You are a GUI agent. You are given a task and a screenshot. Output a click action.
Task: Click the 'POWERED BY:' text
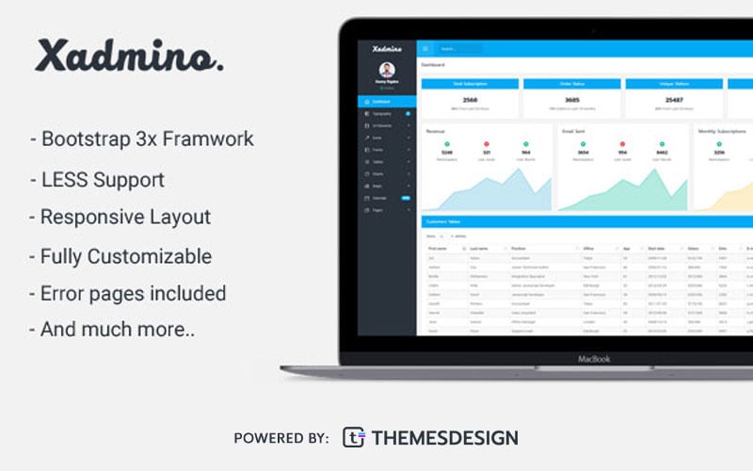click(280, 438)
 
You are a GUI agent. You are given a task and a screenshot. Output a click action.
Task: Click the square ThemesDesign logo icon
click(353, 437)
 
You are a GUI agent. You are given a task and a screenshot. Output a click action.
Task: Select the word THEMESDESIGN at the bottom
click(446, 438)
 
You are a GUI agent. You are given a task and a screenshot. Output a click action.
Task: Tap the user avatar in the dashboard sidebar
click(387, 70)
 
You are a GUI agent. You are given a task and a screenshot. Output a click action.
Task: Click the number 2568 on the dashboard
click(471, 99)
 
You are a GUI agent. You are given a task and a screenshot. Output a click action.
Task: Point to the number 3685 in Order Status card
click(571, 99)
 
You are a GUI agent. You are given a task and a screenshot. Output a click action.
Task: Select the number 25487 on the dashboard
click(674, 99)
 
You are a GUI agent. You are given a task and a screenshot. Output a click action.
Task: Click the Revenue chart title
click(436, 131)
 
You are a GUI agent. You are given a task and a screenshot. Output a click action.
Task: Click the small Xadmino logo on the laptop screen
click(387, 48)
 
